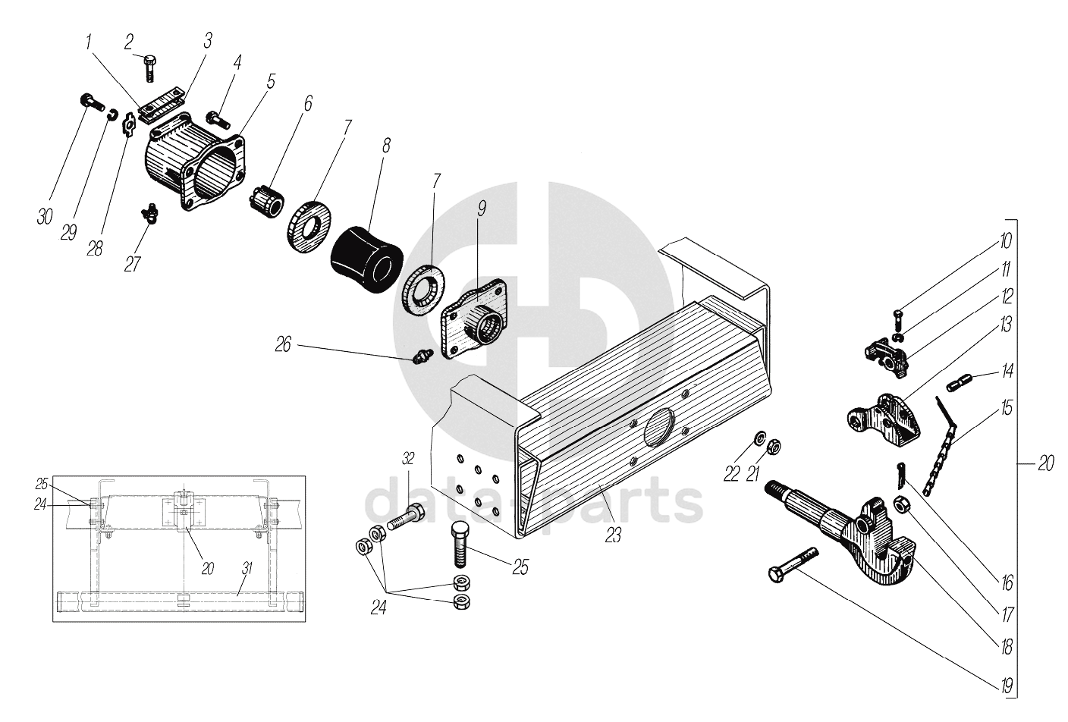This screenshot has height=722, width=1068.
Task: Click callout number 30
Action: point(45,218)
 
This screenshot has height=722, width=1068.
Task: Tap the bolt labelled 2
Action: point(149,68)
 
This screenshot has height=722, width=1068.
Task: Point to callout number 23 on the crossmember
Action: point(613,535)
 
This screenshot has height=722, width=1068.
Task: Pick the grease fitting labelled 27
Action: point(149,213)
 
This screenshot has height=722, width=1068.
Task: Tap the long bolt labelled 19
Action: point(793,566)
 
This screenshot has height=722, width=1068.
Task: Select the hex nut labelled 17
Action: point(902,504)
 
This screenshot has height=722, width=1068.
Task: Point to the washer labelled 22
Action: point(759,437)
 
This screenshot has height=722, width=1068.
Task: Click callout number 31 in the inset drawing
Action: point(247,568)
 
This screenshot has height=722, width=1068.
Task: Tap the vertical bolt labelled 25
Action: point(460,545)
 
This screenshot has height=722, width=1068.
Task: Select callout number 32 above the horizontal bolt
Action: point(408,459)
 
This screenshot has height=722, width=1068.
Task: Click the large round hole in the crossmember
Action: point(661,432)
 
